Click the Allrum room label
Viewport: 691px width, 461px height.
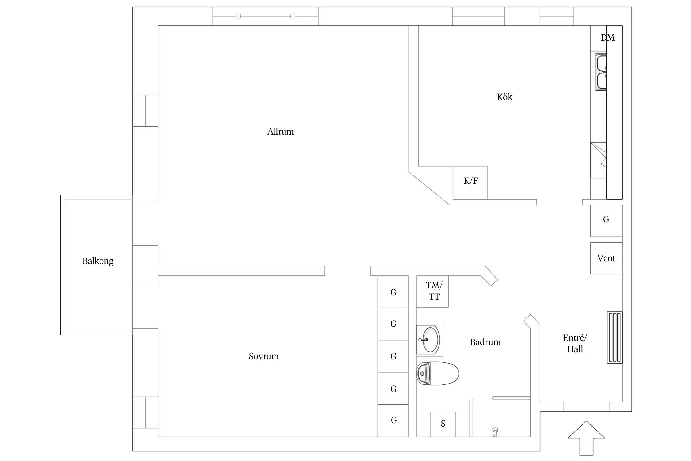point(280,132)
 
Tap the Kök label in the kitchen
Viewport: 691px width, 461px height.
point(505,97)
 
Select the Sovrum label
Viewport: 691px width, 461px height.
point(264,356)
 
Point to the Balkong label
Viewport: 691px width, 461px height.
point(98,261)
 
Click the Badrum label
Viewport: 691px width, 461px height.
point(485,342)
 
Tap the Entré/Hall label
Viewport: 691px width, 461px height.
point(575,343)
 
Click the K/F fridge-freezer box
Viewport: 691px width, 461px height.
point(470,183)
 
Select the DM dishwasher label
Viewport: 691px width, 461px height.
point(607,37)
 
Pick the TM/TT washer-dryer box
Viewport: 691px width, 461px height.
point(432,291)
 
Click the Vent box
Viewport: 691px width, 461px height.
point(606,258)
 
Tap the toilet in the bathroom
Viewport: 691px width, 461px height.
point(438,373)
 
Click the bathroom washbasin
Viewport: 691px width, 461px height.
point(430,340)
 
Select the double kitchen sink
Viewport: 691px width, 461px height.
point(601,72)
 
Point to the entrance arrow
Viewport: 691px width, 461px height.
point(586,438)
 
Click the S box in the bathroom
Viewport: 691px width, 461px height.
point(443,424)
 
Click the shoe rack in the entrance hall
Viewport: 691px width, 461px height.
point(615,337)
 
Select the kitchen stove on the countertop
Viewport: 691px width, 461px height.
point(598,160)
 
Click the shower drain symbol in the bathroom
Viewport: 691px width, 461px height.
point(495,432)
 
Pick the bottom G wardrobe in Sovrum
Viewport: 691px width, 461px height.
point(393,421)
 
